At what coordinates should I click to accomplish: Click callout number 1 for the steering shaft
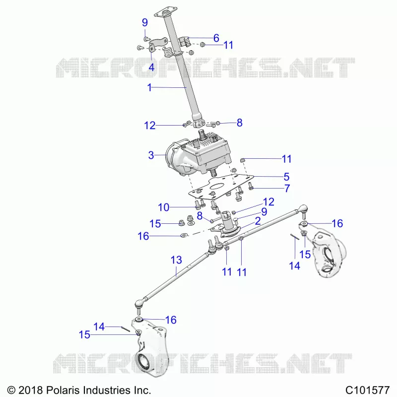pyautogui.click(x=150, y=88)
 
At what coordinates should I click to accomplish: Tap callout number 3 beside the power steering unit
pyautogui.click(x=151, y=155)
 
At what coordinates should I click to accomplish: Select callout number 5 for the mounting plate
pyautogui.click(x=286, y=177)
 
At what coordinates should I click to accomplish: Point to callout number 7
pyautogui.click(x=287, y=189)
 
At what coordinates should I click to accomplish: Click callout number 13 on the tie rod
pyautogui.click(x=176, y=260)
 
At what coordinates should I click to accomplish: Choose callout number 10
pyautogui.click(x=164, y=207)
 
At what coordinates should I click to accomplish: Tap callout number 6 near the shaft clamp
pyautogui.click(x=216, y=38)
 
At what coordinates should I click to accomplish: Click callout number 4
pyautogui.click(x=151, y=67)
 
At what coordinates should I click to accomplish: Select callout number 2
pyautogui.click(x=258, y=221)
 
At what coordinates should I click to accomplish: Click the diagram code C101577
pyautogui.click(x=367, y=390)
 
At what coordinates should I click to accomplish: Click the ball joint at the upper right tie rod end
pyautogui.click(x=303, y=209)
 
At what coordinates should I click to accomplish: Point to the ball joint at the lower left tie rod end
pyautogui.click(x=139, y=303)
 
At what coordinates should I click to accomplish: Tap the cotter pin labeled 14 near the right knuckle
pyautogui.click(x=295, y=236)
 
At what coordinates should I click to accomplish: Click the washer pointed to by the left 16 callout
pyautogui.click(x=184, y=235)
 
